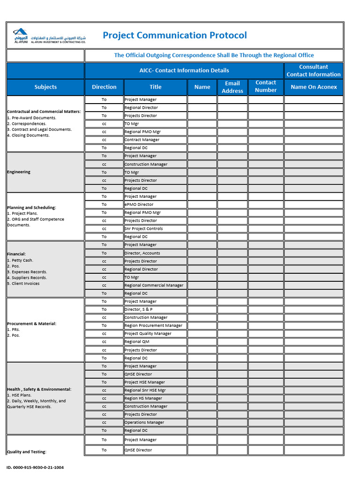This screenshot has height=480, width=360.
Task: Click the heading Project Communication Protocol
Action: pos(174,36)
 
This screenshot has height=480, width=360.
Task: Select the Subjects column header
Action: pos(45,87)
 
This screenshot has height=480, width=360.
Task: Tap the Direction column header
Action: pos(104,87)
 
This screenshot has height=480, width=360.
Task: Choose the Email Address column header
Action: pos(232,87)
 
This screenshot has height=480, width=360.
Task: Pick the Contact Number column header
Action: pos(266,86)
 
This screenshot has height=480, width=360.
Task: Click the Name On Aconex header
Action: pos(314,87)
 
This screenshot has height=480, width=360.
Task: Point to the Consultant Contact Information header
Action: pos(314,70)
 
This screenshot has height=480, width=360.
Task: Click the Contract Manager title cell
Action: pos(142,140)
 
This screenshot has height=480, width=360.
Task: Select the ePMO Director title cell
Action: pos(139,204)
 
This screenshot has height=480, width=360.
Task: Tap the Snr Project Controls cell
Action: pos(144,229)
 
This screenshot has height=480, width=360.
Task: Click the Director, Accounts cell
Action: pos(142,253)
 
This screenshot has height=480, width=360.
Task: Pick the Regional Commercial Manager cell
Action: pos(154,285)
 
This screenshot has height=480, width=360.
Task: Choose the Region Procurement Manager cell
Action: pos(154,325)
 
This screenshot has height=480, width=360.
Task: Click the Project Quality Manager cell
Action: pos(148,334)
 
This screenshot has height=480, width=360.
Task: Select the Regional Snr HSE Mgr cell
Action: pos(145,390)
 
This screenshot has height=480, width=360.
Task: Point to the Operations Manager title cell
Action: pos(144,422)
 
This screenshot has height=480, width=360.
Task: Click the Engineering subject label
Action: pos(19,172)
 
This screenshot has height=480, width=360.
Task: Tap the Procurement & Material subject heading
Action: pos(32,323)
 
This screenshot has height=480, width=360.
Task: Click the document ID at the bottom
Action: pos(35,467)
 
